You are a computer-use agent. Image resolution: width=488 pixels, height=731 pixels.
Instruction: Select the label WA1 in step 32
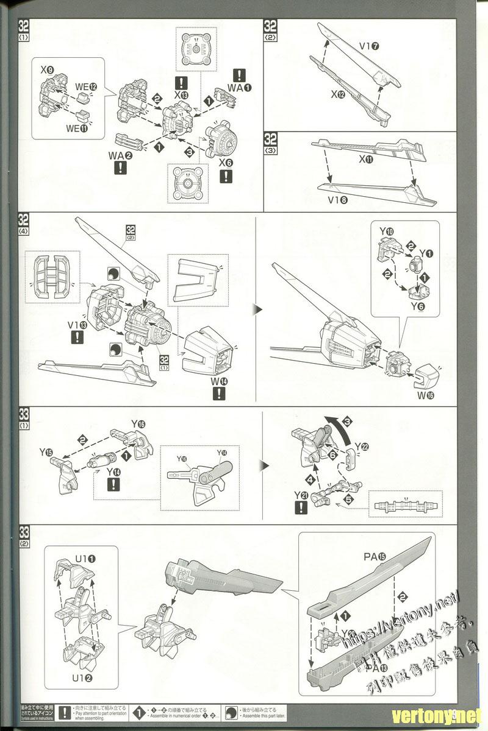pyautogui.click(x=240, y=88)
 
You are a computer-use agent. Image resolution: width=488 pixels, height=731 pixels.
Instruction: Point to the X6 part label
pyautogui.click(x=226, y=156)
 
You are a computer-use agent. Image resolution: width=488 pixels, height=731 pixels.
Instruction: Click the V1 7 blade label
pyautogui.click(x=370, y=45)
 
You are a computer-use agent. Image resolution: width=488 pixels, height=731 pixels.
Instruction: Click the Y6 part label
pyautogui.click(x=417, y=306)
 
